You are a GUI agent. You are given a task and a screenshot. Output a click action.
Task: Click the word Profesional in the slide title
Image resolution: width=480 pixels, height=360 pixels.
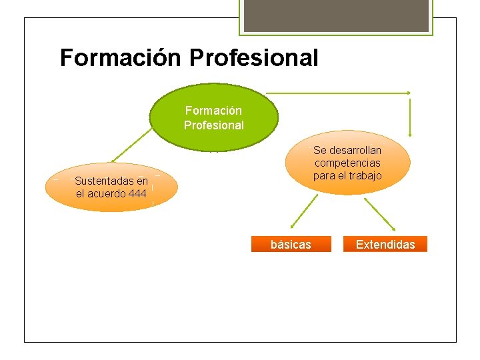(254, 57)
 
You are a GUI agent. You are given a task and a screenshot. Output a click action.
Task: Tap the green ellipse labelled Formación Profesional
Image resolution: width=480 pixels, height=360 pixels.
(213, 117)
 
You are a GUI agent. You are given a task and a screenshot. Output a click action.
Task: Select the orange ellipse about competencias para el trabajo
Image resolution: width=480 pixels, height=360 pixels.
(347, 163)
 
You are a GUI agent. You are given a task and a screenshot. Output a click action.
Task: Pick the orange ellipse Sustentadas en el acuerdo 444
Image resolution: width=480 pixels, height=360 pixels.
(111, 187)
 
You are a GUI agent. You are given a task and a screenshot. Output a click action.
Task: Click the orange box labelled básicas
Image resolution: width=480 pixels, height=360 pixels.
(291, 245)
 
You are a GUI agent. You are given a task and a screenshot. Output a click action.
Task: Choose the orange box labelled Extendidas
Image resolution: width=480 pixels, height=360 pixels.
(385, 245)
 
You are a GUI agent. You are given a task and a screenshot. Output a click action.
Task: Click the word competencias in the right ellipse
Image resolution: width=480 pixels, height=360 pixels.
(347, 163)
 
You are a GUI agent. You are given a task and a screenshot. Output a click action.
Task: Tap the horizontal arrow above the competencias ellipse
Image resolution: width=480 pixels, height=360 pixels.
(338, 93)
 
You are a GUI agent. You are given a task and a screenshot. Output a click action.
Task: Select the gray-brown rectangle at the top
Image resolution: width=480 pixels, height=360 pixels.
(335, 15)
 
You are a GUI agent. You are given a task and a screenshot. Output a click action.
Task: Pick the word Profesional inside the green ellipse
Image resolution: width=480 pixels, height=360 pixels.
(214, 125)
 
